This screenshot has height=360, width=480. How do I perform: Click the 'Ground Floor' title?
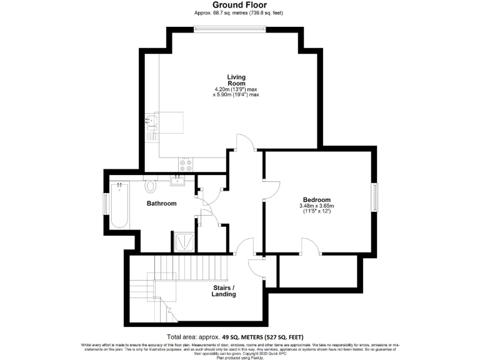240,4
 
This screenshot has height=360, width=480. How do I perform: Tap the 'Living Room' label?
236,80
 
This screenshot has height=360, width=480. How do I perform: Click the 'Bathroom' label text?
161,203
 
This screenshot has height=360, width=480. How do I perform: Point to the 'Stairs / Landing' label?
224,291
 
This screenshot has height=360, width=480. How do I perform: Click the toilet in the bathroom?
151,186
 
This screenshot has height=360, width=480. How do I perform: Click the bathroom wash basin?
177,181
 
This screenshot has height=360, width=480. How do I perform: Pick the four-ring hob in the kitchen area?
186,165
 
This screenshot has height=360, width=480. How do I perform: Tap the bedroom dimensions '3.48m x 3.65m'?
317,206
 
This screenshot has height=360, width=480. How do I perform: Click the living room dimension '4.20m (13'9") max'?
236,89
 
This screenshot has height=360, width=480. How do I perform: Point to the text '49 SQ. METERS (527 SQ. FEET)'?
262,336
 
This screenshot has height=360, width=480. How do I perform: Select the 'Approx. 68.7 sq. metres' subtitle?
240,12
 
